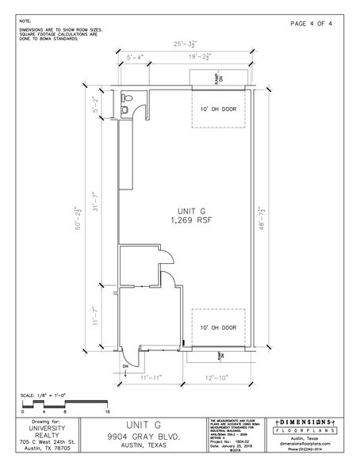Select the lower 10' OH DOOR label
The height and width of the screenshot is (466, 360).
218,326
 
